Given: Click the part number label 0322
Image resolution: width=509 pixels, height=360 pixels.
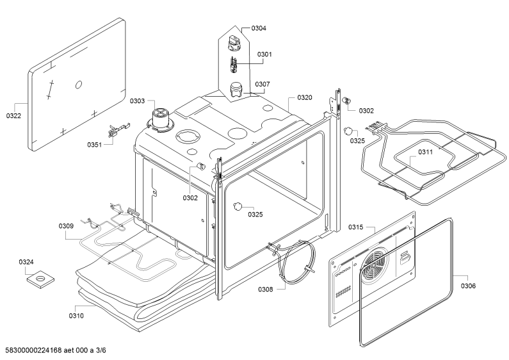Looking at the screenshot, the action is (13, 116).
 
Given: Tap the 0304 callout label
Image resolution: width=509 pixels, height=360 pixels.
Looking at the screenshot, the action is (259, 28).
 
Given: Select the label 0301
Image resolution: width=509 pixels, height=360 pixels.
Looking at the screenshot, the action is (264, 54).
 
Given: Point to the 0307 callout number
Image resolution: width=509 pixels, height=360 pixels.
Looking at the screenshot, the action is (263, 84).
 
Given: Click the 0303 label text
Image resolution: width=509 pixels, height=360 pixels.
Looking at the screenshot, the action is (137, 101).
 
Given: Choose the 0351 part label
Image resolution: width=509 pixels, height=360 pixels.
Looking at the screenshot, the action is (95, 145).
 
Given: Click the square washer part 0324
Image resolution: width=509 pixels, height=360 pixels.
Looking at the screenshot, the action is (40, 279).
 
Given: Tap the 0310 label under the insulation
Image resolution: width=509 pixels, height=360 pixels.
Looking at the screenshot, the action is (76, 316).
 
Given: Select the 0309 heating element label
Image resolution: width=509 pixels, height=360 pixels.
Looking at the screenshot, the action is (66, 226).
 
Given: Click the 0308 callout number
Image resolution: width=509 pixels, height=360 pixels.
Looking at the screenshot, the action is (266, 289).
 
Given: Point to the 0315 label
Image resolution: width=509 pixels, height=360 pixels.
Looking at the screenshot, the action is (356, 227).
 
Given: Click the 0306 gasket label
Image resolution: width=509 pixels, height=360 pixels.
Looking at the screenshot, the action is (469, 286).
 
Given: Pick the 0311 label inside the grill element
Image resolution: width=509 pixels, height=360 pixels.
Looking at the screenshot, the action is (425, 152).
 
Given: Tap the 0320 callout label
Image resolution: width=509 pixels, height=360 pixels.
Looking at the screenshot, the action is (305, 97).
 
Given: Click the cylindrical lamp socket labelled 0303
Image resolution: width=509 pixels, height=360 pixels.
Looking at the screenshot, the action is (160, 120).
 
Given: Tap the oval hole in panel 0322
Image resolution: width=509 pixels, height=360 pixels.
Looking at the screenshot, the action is (79, 85).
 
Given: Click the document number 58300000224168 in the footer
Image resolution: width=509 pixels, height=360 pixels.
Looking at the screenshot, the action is (32, 350).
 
